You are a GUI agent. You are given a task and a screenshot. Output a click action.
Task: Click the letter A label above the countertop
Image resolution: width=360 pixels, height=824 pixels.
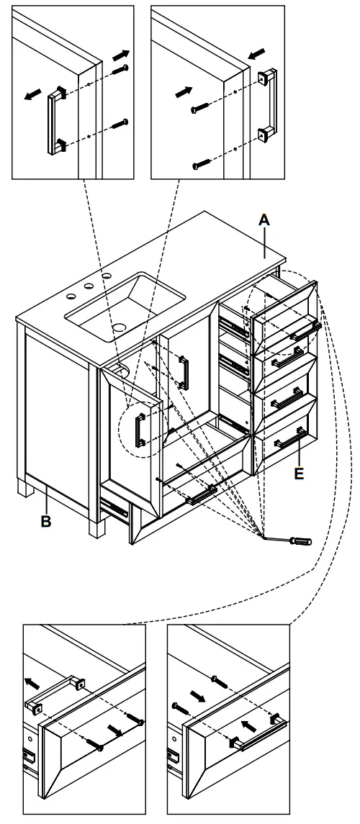[264, 219]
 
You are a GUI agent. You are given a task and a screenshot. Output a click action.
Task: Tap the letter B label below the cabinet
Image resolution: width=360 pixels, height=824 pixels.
[46, 522]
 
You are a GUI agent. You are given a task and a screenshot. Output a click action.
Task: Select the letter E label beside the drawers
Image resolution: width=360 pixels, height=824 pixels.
[299, 474]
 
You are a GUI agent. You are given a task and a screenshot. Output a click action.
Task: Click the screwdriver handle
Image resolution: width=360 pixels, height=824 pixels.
[301, 540]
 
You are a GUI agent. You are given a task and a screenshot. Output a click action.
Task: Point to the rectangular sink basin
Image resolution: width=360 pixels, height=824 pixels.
[125, 306]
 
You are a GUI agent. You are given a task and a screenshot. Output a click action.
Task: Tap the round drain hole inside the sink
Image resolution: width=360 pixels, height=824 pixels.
[119, 327]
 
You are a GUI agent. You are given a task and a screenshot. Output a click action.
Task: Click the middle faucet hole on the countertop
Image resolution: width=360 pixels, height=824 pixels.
[89, 286]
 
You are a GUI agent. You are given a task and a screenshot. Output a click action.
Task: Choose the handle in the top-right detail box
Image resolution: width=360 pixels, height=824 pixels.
[268, 102]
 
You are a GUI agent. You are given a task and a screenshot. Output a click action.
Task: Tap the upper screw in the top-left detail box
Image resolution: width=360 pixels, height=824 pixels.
[120, 69]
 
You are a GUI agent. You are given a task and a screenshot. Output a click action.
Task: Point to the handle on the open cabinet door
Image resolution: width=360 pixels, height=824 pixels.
[140, 430]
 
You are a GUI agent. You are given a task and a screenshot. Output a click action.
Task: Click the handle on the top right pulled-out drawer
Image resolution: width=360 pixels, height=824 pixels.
[305, 331]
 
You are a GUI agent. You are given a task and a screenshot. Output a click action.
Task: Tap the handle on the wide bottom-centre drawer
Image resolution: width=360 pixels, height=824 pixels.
[201, 495]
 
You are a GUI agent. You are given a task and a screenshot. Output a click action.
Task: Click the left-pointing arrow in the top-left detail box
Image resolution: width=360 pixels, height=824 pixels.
[33, 94]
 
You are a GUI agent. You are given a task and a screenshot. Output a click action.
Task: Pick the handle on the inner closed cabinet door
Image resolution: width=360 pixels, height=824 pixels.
[184, 373]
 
